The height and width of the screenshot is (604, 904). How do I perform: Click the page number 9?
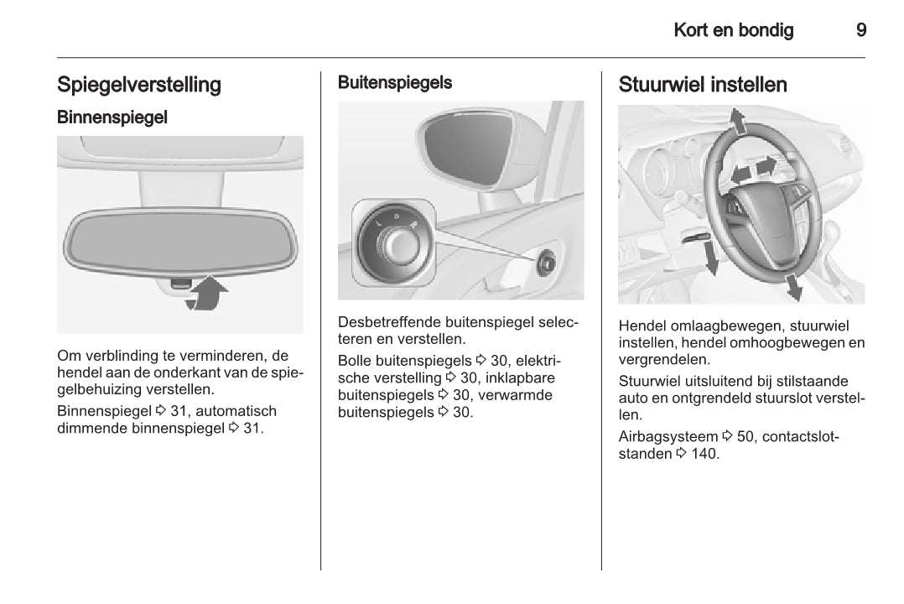pyautogui.click(x=861, y=31)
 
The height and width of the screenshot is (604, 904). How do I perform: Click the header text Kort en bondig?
pyautogui.click(x=733, y=31)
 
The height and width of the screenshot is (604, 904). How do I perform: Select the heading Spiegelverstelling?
pyautogui.click(x=139, y=85)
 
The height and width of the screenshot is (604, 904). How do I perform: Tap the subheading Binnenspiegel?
pyautogui.click(x=112, y=117)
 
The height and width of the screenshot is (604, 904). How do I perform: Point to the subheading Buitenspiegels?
pyautogui.click(x=394, y=82)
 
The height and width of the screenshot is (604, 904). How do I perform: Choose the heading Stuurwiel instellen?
pyautogui.click(x=703, y=85)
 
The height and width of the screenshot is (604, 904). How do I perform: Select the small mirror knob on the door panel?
pyautogui.click(x=546, y=261)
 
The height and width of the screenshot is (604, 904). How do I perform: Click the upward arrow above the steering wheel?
pyautogui.click(x=739, y=122)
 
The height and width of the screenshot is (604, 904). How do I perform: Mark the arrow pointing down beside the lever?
pyautogui.click(x=711, y=259)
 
